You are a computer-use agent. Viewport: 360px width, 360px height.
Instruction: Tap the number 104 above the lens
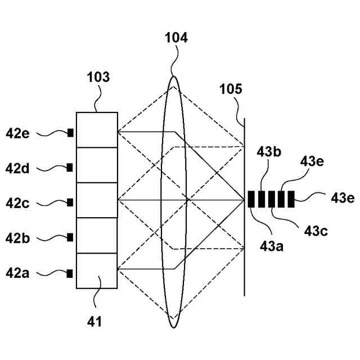[x=176, y=39]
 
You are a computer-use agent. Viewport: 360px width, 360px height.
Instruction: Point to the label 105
[x=231, y=89]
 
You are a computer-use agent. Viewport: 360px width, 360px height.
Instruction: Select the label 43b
[x=268, y=151]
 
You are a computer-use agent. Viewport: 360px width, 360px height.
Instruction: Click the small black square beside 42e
[x=70, y=133]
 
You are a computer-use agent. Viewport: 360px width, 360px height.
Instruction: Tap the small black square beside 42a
[x=70, y=274]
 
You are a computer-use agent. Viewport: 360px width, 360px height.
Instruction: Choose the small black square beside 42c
[x=70, y=202]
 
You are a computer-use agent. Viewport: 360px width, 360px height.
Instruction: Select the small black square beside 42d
[x=70, y=168]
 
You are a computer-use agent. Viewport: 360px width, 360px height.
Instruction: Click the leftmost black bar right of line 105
[x=251, y=200]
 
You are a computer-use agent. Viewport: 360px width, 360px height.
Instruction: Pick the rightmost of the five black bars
[x=291, y=200]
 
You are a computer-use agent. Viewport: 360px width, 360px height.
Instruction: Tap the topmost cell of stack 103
[x=97, y=130]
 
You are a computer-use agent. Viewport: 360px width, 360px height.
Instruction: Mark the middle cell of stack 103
[x=97, y=200]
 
